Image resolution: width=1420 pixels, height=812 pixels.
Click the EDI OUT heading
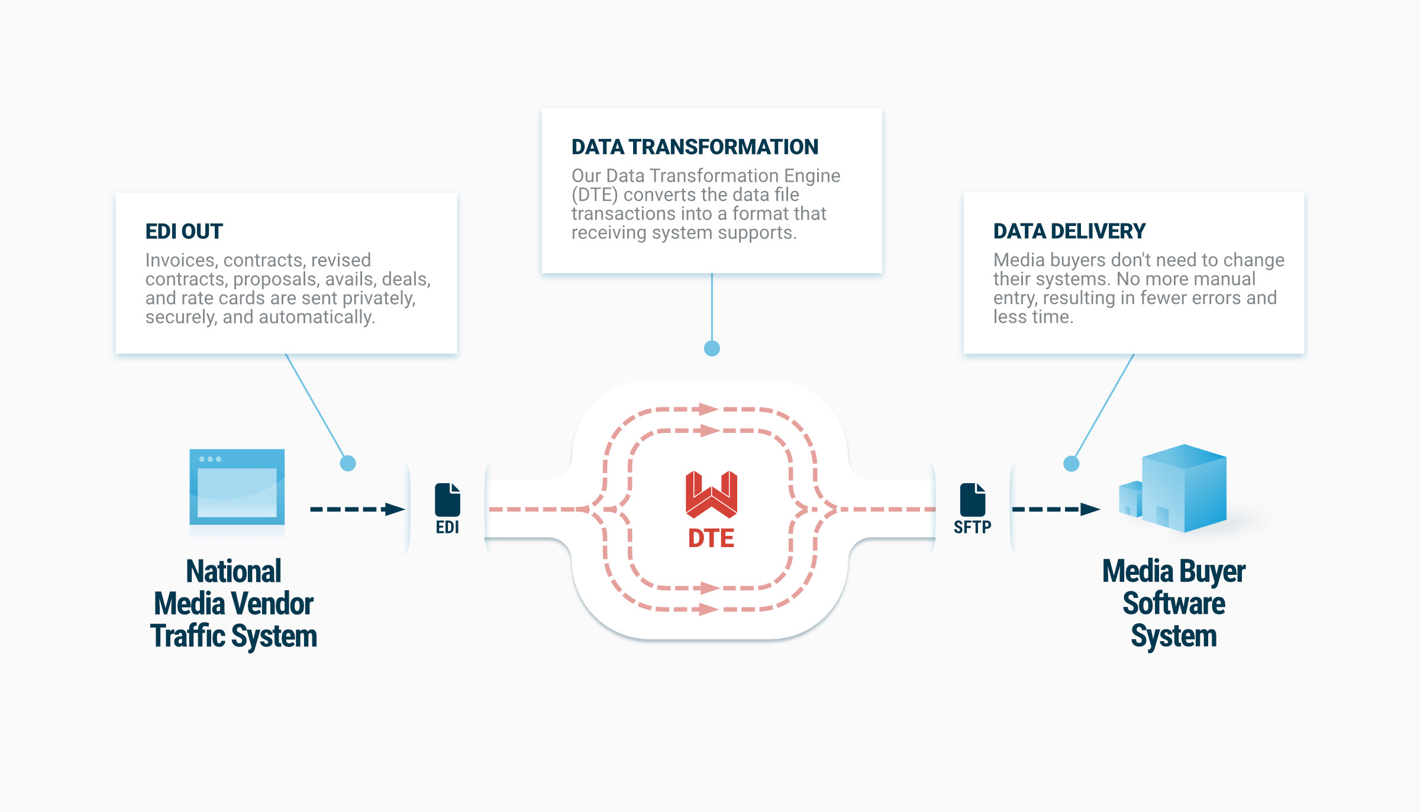click(184, 231)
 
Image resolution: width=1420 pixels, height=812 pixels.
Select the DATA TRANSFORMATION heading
click(695, 147)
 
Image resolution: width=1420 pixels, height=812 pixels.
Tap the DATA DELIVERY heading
click(1069, 231)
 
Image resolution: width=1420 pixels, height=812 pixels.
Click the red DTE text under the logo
click(711, 539)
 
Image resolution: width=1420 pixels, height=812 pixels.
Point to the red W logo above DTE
click(711, 494)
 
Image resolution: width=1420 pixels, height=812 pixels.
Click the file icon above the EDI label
click(447, 500)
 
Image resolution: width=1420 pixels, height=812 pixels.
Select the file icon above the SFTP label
click(972, 500)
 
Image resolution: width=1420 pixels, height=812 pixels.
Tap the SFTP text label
click(972, 527)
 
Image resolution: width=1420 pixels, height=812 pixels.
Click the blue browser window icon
click(237, 487)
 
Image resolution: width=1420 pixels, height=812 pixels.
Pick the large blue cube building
click(1184, 488)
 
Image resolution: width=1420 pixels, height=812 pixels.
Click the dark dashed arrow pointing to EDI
click(357, 509)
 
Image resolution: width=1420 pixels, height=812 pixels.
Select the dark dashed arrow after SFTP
click(1056, 509)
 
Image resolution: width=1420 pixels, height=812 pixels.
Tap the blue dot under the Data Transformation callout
click(712, 348)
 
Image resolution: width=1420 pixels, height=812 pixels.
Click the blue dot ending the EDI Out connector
click(348, 463)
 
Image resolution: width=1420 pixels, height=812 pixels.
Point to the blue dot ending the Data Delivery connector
click(1071, 464)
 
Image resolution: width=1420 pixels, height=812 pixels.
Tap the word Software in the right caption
click(1174, 604)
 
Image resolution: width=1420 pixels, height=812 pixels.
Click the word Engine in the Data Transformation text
click(812, 176)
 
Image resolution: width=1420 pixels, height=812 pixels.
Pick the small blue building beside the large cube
click(1130, 499)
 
